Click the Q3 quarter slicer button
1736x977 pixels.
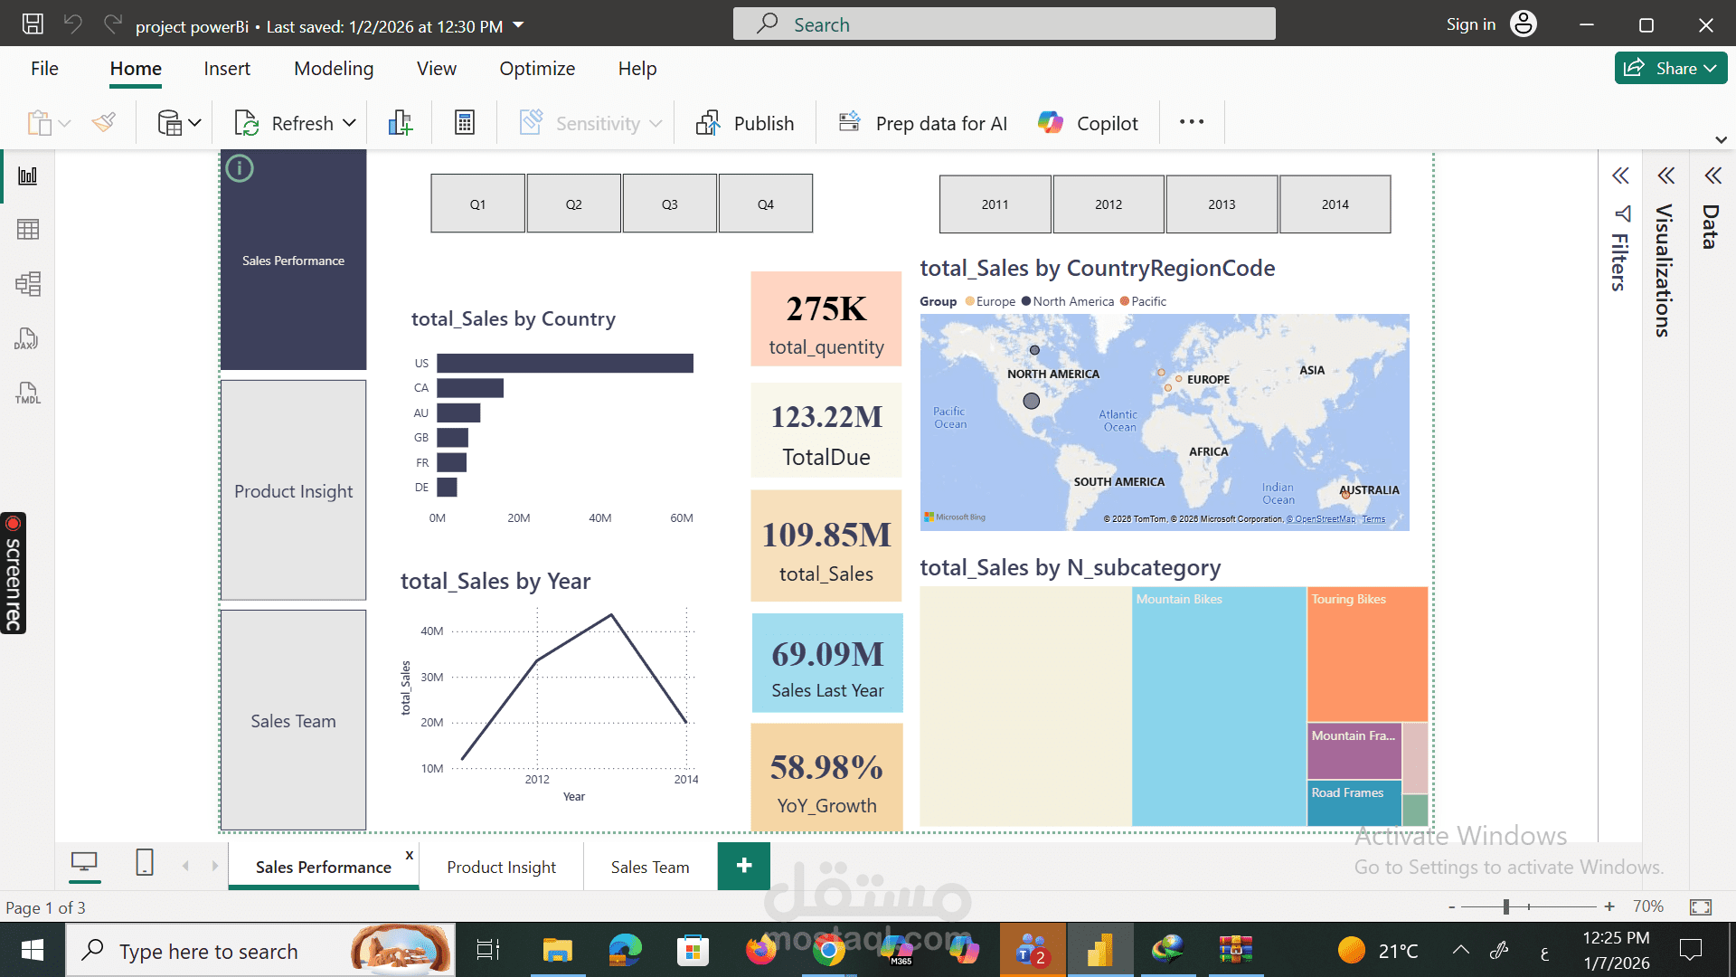[x=669, y=204]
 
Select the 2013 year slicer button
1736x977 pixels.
[x=1222, y=204]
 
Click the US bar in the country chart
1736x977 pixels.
[x=564, y=363]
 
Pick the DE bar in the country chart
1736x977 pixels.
[x=447, y=488]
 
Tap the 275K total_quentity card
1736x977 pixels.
[x=826, y=318]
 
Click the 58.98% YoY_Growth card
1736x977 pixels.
[x=826, y=778]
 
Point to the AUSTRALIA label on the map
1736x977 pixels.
[x=1369, y=489]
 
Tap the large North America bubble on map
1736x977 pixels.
[x=1031, y=400]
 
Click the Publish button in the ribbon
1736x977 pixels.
[x=746, y=123]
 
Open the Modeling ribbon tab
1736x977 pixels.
[x=334, y=69]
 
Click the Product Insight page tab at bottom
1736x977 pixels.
[x=501, y=867]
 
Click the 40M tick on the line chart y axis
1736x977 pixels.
[x=431, y=631]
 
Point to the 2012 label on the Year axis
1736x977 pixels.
[x=537, y=779]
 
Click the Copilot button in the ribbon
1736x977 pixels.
[x=1089, y=123]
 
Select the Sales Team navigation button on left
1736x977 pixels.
[x=293, y=720]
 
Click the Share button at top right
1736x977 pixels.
[x=1669, y=69]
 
